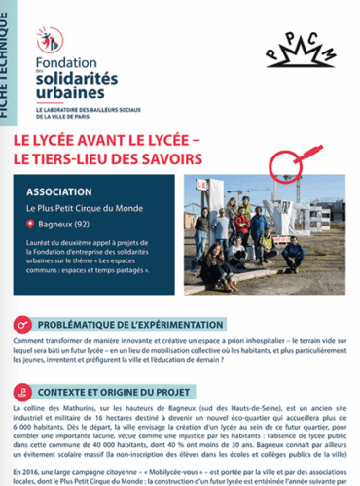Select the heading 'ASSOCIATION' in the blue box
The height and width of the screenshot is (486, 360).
tap(60, 190)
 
